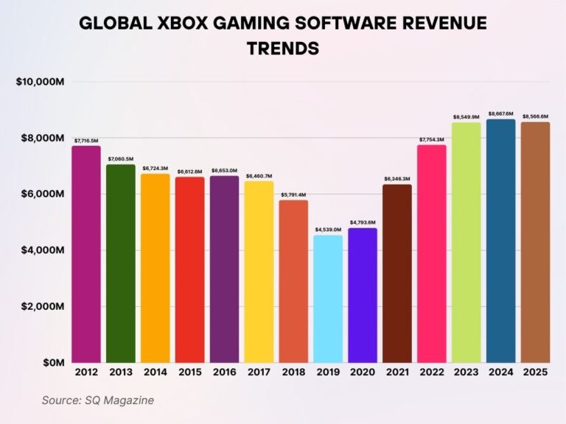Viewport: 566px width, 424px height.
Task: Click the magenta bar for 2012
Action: coord(86,254)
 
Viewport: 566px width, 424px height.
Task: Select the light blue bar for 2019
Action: coord(328,299)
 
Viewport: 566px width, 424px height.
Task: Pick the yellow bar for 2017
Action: coord(259,272)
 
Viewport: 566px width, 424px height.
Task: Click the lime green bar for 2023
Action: coord(466,242)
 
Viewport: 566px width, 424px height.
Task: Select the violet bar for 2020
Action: coord(363,295)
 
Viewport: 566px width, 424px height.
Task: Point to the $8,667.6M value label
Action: coord(500,113)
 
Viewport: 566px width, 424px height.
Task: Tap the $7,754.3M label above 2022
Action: coord(431,138)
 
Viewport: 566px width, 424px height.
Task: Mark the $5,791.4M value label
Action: coord(293,194)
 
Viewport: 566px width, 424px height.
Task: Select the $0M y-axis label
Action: coord(52,363)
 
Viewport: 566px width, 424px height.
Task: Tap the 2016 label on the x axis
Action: coord(224,373)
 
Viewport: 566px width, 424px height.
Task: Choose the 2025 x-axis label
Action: coord(535,373)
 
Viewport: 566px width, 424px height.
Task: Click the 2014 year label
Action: coord(156,373)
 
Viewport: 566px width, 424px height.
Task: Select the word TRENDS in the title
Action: coord(283,49)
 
